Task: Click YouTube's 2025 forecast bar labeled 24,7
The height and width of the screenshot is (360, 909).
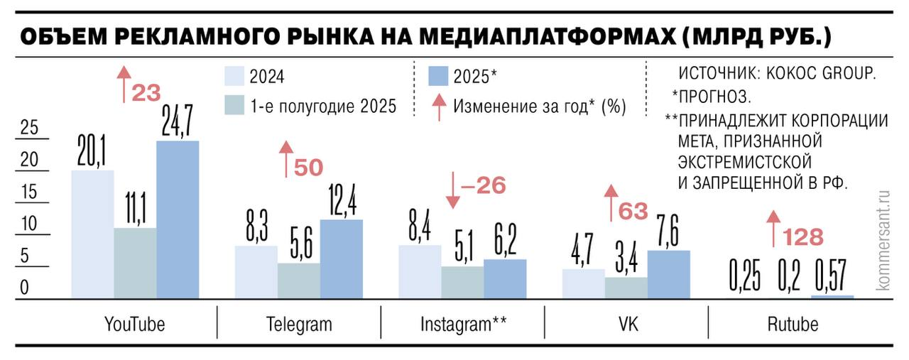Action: point(178,220)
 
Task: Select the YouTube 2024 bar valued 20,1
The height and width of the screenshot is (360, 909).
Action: point(92,234)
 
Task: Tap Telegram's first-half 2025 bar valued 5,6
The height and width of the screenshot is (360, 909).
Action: point(298,281)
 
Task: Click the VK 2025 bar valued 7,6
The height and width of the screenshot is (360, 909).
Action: point(668,275)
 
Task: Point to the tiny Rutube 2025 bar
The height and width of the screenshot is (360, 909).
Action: point(832,297)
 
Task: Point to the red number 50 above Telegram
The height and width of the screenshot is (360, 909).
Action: point(307,168)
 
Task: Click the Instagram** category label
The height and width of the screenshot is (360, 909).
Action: point(463,325)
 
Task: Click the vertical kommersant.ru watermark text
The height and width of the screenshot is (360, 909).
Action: point(883,239)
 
